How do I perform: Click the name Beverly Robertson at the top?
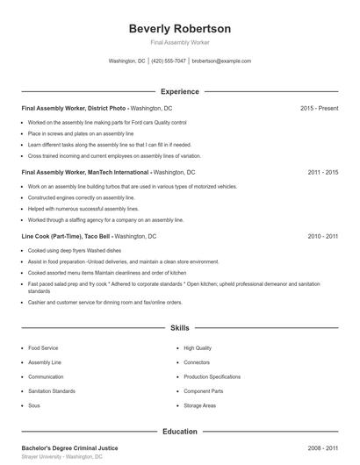179,29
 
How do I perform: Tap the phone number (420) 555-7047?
169,61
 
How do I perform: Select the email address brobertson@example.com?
221,61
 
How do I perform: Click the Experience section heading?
179,91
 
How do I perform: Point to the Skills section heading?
179,328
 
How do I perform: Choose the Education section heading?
179,432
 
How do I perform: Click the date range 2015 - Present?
319,108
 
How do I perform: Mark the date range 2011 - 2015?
322,173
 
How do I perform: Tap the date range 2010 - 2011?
322,237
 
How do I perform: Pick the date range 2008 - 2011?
322,447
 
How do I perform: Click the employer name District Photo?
106,108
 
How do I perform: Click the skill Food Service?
43,348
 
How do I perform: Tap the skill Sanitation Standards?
52,391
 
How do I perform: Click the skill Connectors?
197,362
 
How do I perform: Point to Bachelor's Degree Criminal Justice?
69,447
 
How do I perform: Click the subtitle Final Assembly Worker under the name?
179,43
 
